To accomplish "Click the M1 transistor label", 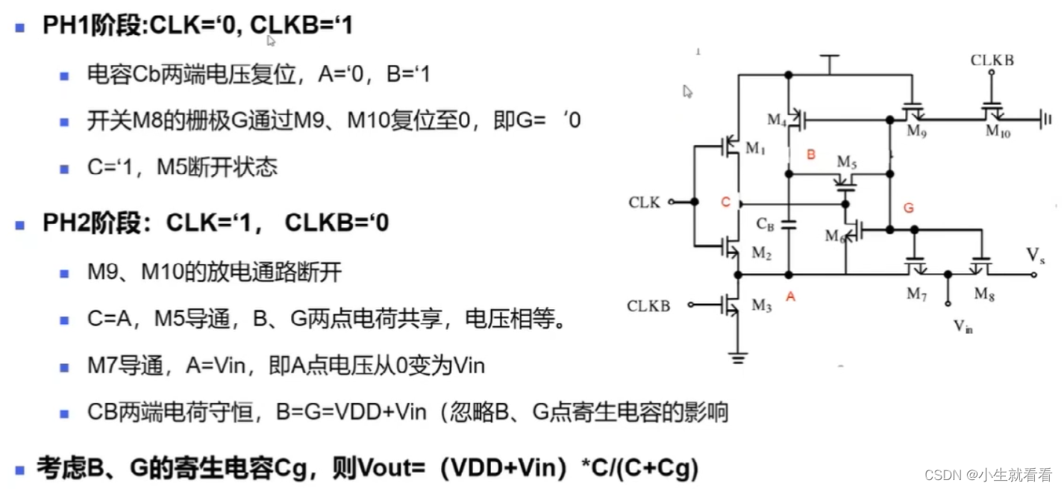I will tap(756, 149).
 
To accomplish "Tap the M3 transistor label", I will tap(761, 305).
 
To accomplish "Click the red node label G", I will tap(908, 208).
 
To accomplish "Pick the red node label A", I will tap(791, 297).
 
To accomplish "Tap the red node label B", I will tap(811, 155).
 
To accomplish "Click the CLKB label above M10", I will tap(992, 60).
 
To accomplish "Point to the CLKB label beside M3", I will tap(648, 305).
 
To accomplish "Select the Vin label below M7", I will tap(963, 326).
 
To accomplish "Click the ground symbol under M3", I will tap(739, 358).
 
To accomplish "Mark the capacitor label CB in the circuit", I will tap(766, 224).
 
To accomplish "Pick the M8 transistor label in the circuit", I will tap(986, 294).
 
